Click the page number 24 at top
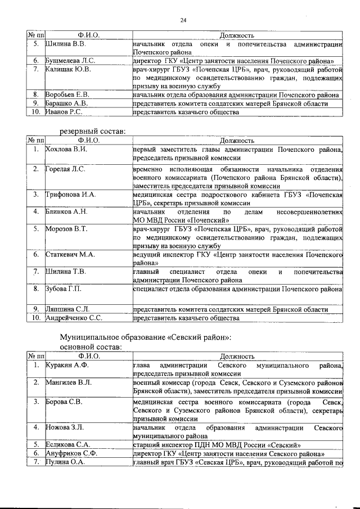pos(183,21)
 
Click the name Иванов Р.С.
pos(64,112)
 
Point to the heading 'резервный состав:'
pos(93,131)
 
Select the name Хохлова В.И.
pos(66,150)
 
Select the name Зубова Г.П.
pos(63,289)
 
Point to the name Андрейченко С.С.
pos(74,318)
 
